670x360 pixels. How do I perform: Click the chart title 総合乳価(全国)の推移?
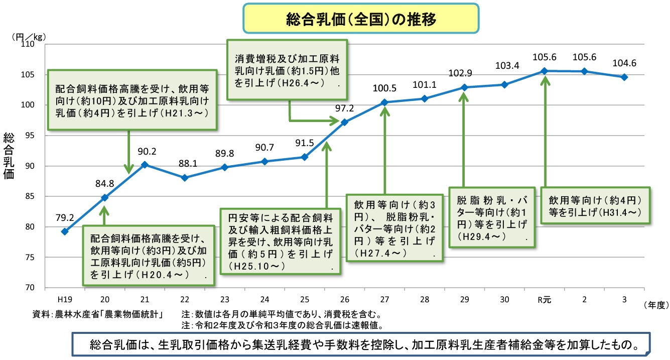[360, 19]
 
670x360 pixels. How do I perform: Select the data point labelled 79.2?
[65, 231]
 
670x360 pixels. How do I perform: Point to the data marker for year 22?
[185, 178]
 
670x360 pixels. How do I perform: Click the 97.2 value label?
[345, 108]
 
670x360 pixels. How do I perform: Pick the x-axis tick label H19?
[65, 300]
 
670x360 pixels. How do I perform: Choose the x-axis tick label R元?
[544, 300]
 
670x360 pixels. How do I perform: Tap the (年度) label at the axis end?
[654, 304]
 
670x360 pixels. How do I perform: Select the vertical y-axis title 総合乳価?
[10, 156]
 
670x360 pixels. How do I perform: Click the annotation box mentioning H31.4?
[595, 205]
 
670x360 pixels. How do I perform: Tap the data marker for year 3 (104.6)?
[624, 77]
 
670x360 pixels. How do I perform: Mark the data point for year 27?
[384, 102]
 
